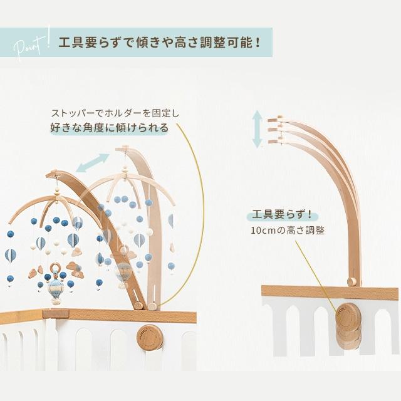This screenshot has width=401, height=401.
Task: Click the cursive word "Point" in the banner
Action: [26, 45]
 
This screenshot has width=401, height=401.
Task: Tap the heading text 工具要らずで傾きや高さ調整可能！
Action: [157, 44]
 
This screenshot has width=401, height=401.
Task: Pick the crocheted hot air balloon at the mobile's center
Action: [56, 289]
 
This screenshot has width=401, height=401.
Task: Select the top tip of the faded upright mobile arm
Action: [125, 149]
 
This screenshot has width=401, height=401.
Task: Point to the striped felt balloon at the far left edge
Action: [11, 255]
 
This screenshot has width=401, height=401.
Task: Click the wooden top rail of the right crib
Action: [329, 292]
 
